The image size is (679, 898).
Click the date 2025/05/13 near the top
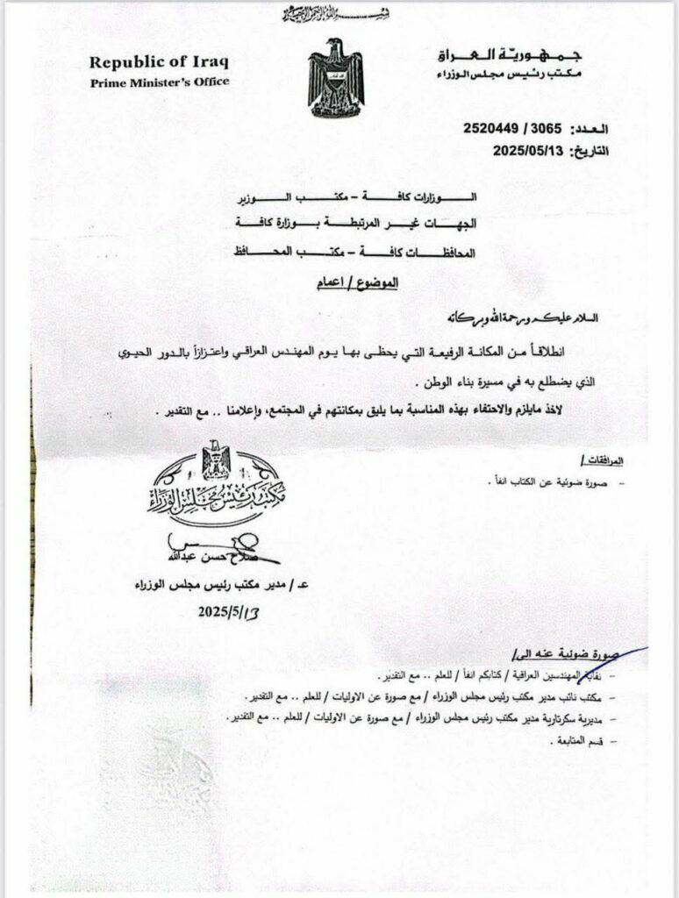(x=532, y=150)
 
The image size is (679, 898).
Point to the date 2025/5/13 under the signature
(x=225, y=611)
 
